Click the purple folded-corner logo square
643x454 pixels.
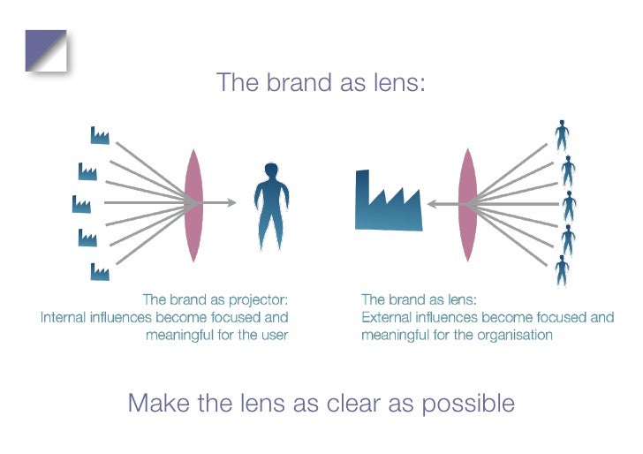click(x=45, y=49)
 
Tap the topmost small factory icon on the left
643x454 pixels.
click(x=100, y=135)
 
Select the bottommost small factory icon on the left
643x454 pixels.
click(x=99, y=271)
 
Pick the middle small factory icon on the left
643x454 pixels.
click(x=81, y=204)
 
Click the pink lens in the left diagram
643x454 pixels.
click(x=193, y=204)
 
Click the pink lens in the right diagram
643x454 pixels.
click(x=467, y=204)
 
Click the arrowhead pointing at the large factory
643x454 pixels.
click(x=432, y=204)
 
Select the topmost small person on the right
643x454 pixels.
click(x=562, y=135)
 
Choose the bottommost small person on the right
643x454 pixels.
click(x=562, y=269)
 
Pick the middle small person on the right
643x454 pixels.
click(x=568, y=205)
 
